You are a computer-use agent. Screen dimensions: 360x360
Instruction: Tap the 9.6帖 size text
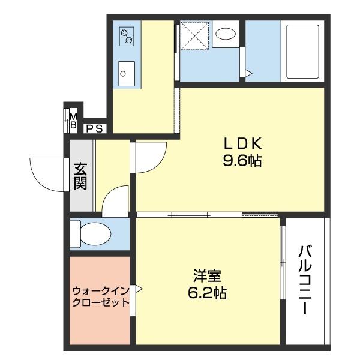[x=243, y=160]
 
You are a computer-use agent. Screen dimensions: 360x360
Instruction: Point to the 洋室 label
[x=208, y=277]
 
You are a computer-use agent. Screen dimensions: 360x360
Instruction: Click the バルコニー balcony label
[x=305, y=280]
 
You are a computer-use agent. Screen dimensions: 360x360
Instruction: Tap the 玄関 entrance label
[x=80, y=175]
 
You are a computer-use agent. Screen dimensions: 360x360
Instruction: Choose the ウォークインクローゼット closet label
[x=100, y=296]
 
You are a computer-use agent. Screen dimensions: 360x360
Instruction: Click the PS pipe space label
[x=95, y=127]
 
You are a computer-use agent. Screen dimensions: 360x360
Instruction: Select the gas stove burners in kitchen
[x=127, y=36]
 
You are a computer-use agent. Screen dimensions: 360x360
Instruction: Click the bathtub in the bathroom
[x=304, y=52]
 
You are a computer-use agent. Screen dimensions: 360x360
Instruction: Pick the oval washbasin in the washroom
[x=226, y=34]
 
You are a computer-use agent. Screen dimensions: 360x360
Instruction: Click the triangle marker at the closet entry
[x=138, y=289]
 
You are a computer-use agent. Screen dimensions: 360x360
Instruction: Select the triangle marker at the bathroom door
[x=247, y=73]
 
